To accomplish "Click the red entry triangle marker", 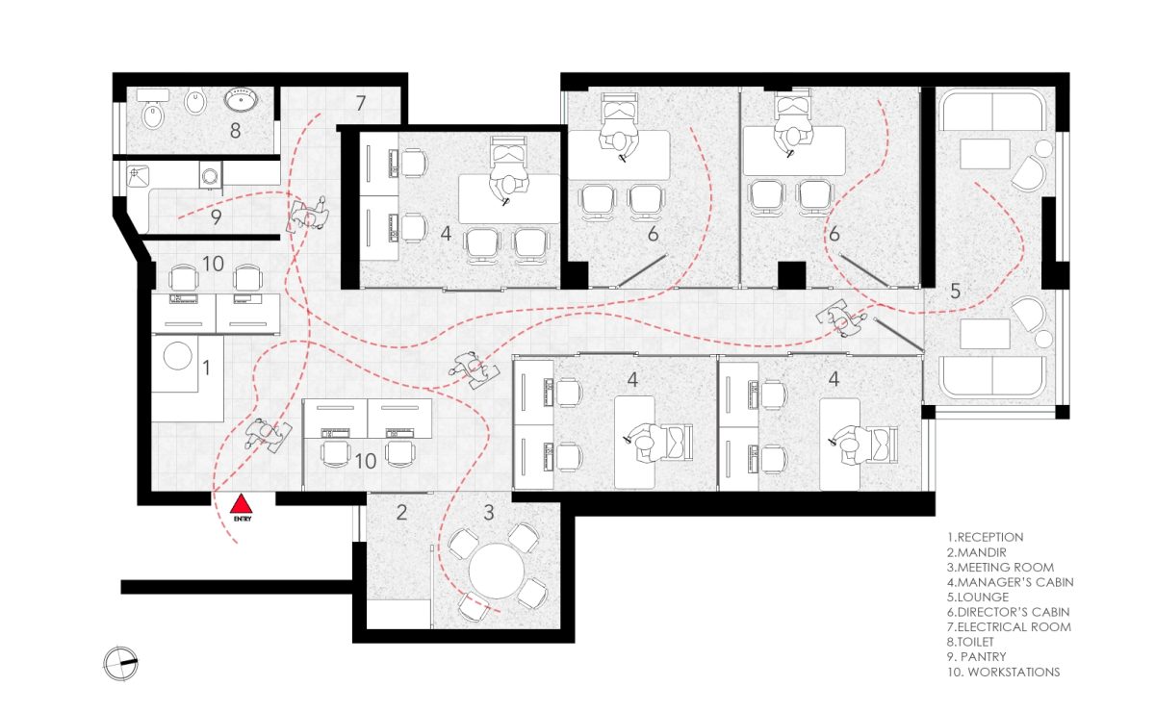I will (243, 504).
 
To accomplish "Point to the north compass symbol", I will (121, 662).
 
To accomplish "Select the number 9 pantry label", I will (217, 217).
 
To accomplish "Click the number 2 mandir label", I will (402, 513).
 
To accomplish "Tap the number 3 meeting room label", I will (488, 513).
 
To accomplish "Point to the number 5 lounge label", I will (955, 291).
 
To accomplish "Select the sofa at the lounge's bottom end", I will (992, 376).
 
